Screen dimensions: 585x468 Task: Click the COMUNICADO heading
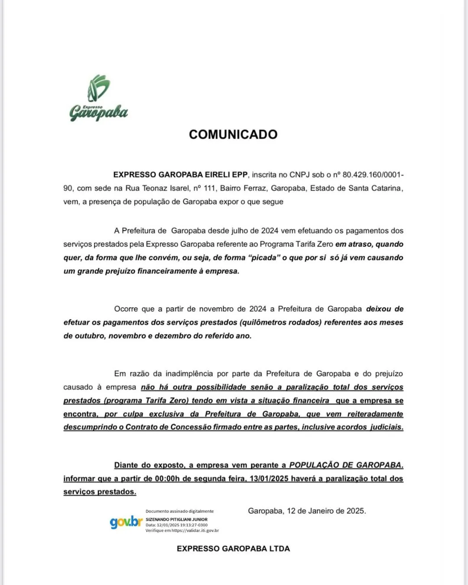point(233,134)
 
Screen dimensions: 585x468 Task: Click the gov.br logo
point(126,522)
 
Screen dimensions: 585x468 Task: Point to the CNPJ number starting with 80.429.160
point(373,175)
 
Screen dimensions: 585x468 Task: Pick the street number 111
point(210,188)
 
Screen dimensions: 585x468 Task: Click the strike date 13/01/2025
point(269,479)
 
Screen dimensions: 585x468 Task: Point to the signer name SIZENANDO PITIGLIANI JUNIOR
point(176,519)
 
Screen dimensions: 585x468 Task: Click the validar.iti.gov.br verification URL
point(195,530)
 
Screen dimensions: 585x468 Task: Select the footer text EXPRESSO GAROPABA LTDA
point(233,549)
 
